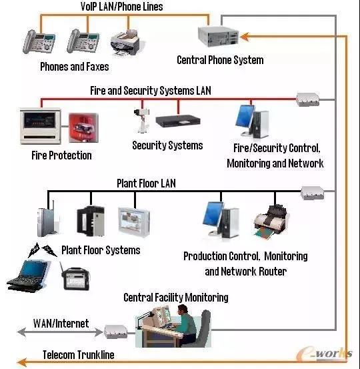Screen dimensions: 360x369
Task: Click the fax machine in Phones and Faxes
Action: click(x=125, y=43)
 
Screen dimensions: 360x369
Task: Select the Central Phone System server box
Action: click(x=218, y=36)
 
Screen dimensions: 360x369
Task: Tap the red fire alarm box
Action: click(x=83, y=128)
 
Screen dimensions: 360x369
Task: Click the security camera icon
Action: click(x=141, y=120)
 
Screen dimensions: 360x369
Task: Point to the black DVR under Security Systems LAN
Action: click(x=178, y=121)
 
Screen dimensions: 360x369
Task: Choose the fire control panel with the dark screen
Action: click(x=41, y=126)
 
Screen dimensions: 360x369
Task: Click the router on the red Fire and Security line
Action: click(x=307, y=99)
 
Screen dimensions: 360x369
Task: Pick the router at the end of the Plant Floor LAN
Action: click(x=313, y=193)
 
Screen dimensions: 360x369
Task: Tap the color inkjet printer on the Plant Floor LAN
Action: click(x=271, y=222)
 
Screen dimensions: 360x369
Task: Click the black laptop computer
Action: click(x=28, y=276)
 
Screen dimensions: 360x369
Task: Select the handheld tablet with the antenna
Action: click(x=75, y=277)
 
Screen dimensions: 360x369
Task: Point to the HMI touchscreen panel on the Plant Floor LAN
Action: click(x=134, y=222)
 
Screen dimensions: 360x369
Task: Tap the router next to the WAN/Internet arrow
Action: click(x=116, y=332)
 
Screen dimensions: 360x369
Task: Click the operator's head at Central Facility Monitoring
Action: click(x=183, y=310)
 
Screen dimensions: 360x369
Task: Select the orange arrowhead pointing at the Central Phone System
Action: click(x=245, y=37)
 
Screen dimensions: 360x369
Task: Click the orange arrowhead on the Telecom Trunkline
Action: click(x=22, y=362)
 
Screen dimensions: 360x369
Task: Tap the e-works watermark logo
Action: click(x=325, y=354)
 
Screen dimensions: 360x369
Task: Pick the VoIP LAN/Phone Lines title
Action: click(x=121, y=7)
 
